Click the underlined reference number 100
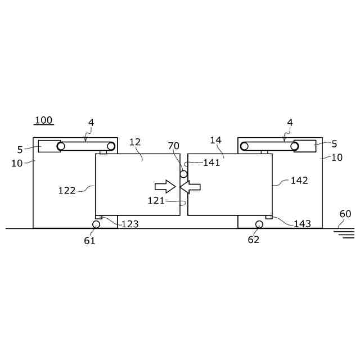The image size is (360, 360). point(44,120)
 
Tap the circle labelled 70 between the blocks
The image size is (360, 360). point(183,174)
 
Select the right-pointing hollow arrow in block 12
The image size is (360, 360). point(165,186)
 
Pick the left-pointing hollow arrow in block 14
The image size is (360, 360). point(190,187)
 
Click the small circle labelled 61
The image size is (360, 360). point(96,224)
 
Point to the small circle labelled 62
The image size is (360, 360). point(259,224)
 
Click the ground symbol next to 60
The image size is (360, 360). point(344,234)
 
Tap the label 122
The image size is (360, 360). point(67,191)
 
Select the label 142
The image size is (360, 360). point(299,181)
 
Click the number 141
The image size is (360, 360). point(211,163)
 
